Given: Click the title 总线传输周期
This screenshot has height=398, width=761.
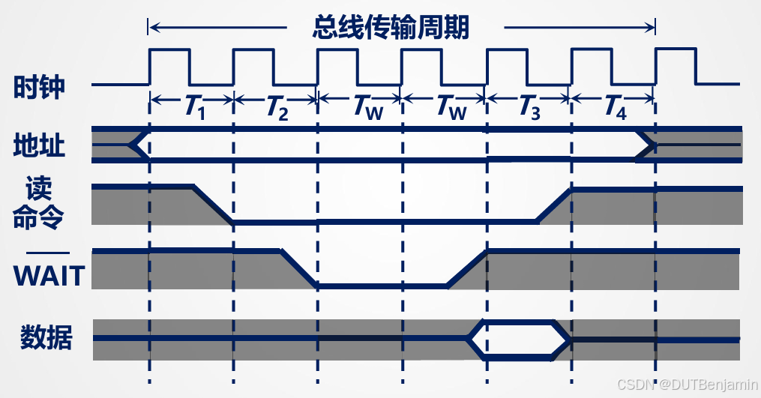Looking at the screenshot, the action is coord(391,28).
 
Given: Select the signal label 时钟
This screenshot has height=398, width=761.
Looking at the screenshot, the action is coord(39,88).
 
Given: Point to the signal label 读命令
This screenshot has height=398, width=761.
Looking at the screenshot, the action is coord(39,203).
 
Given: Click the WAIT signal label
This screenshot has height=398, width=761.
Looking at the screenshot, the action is coord(49,276).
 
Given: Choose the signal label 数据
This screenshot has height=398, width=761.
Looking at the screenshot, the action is coord(46,338).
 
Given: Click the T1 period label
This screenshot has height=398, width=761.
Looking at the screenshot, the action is coord(194,109).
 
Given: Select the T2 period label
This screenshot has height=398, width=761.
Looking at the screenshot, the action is coord(277,109).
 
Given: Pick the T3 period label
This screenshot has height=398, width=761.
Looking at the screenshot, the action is coord(529,109).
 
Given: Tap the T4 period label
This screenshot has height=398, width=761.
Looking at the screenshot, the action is coord(613,109).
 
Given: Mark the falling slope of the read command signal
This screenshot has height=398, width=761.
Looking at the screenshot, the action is coord(213,204).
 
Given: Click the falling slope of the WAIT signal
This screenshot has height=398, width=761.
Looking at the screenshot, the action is coord(298,268).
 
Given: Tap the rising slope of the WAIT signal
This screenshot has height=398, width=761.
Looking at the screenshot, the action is coord(467,268).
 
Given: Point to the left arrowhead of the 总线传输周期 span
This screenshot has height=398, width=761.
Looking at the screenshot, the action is coord(153,28).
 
